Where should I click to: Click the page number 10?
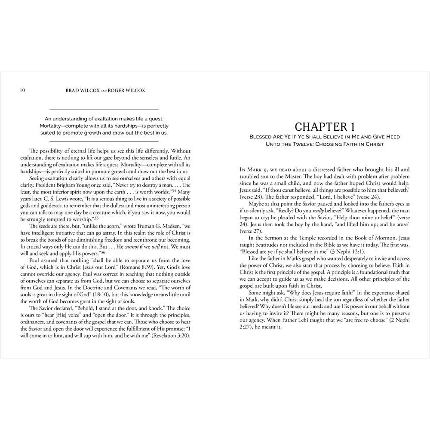click(x=22, y=90)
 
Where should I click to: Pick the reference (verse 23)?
click(x=252, y=196)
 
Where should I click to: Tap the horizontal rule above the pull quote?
click(x=104, y=110)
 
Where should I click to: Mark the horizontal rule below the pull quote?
click(x=104, y=141)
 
